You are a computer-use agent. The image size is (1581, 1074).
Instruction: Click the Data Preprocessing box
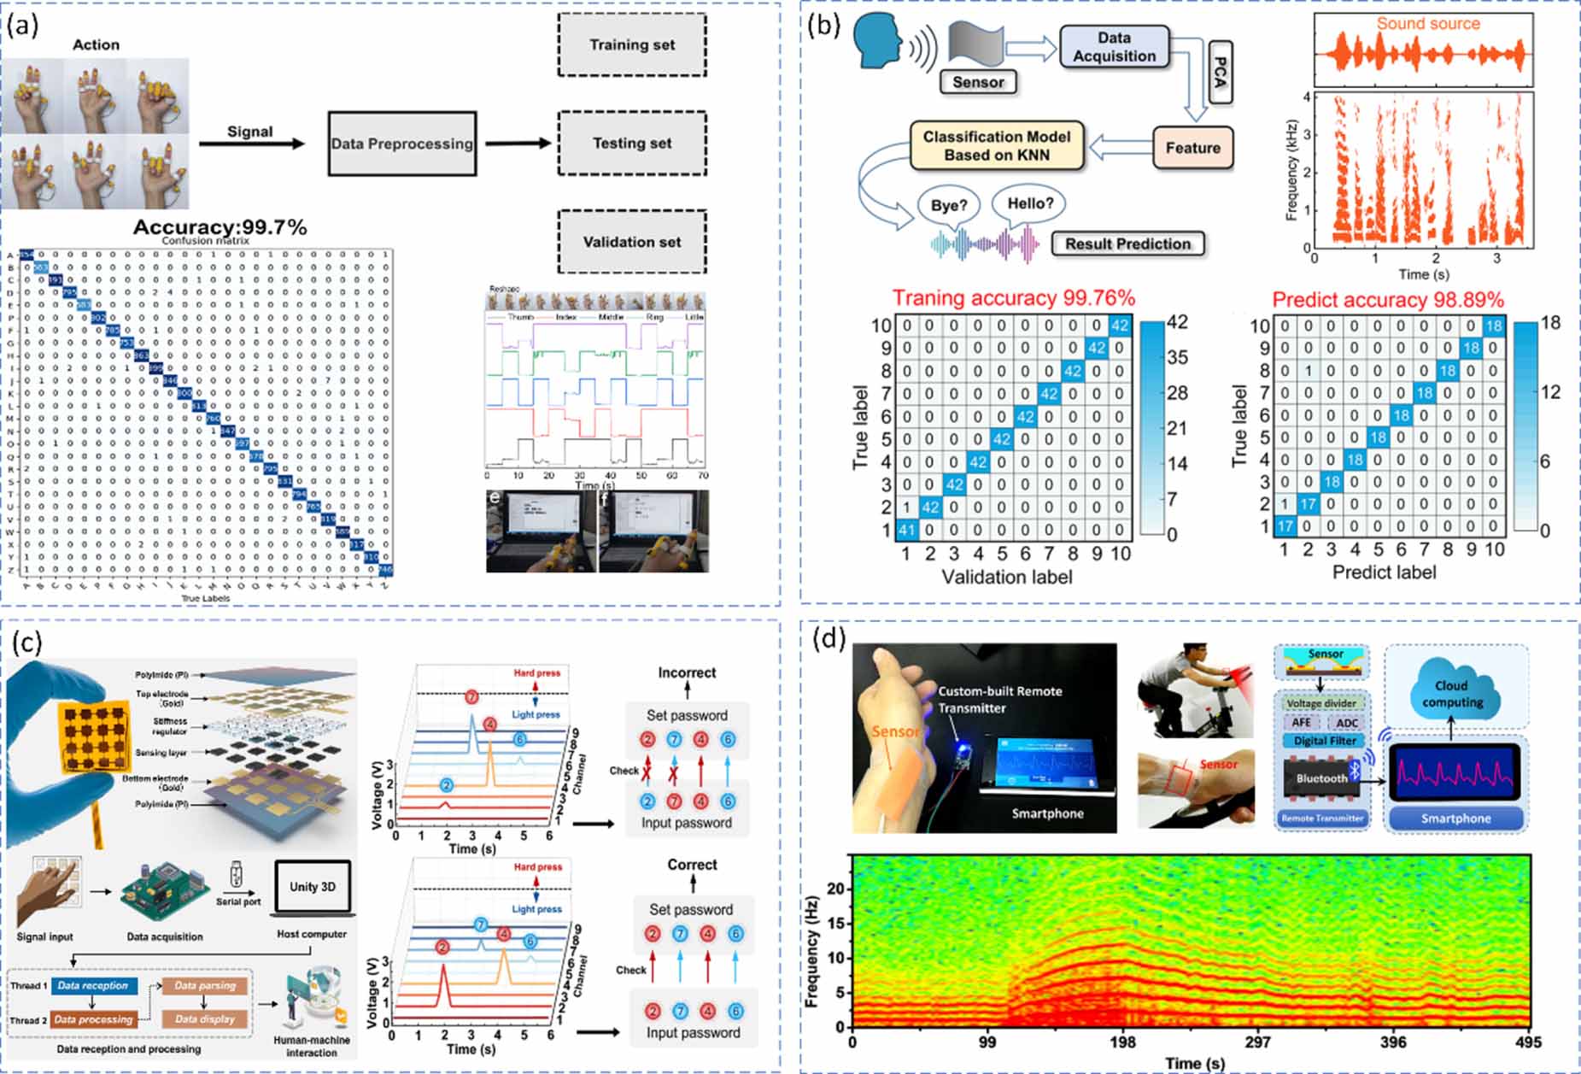point(402,144)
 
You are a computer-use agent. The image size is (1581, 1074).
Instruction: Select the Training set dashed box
point(632,45)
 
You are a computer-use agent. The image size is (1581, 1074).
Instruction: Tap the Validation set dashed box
point(632,242)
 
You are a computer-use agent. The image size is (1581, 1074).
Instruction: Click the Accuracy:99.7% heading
point(220,227)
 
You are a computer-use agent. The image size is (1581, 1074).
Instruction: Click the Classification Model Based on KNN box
point(996,145)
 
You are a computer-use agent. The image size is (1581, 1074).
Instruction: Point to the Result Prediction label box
point(1127,244)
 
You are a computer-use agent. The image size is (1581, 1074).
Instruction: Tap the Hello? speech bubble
point(1030,204)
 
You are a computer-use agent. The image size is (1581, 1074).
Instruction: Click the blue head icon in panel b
point(880,43)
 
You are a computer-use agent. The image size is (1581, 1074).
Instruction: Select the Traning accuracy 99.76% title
point(1014,298)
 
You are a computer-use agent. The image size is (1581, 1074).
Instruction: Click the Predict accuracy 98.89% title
point(1388,300)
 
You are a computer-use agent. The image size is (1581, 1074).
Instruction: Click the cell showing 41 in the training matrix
point(906,530)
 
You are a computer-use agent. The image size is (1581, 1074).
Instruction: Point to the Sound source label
point(1427,24)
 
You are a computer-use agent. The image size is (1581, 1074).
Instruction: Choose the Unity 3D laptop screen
point(312,887)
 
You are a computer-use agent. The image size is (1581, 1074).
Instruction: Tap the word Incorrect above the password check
point(687,672)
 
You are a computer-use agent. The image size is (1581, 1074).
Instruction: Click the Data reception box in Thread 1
point(92,985)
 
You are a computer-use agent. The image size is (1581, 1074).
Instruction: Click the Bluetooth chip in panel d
point(1321,778)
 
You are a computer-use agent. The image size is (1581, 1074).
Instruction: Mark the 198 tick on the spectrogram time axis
point(1122,1042)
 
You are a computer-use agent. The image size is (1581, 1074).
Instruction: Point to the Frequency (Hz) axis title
point(812,951)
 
